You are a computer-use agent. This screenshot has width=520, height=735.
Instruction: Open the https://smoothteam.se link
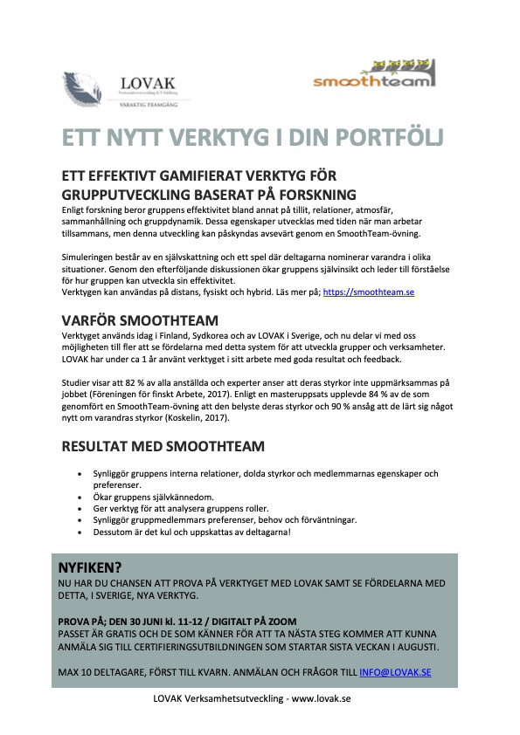[368, 293]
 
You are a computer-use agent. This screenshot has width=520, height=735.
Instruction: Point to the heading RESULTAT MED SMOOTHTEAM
[163, 447]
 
